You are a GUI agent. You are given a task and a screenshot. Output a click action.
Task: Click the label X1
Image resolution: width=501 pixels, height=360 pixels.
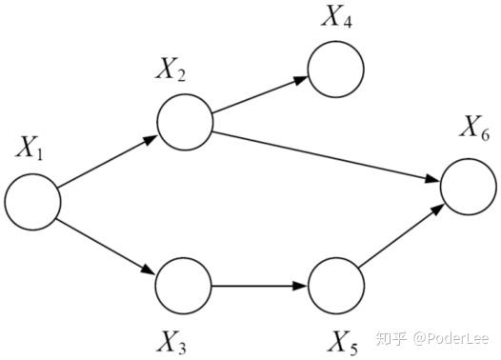[30, 148]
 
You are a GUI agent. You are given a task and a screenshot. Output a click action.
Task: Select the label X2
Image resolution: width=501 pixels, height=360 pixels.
[170, 70]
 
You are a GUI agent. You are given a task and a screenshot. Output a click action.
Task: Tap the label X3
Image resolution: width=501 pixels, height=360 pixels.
[171, 342]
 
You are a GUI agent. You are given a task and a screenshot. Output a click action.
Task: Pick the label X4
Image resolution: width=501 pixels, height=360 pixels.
[337, 16]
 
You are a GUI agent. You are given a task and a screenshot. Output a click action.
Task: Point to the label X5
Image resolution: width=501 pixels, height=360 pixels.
[343, 342]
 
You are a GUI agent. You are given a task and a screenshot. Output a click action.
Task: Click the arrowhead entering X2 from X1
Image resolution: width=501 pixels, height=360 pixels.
[150, 140]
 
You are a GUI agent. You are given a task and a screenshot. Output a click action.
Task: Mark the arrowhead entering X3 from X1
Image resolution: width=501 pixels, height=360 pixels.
[149, 270]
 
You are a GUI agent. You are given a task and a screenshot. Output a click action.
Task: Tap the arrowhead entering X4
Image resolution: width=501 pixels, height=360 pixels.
[301, 80]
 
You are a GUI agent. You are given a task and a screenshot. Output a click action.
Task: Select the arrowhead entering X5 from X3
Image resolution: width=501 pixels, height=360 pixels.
[300, 286]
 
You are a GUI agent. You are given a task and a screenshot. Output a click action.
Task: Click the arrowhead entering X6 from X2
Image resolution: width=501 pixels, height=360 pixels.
[433, 179]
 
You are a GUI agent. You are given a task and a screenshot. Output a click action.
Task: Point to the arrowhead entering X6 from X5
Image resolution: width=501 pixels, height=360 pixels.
[438, 210]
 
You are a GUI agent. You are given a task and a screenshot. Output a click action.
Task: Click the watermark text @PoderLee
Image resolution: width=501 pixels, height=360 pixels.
[451, 338]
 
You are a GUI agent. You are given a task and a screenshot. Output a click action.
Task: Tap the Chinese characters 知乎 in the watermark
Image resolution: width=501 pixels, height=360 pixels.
[391, 338]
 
